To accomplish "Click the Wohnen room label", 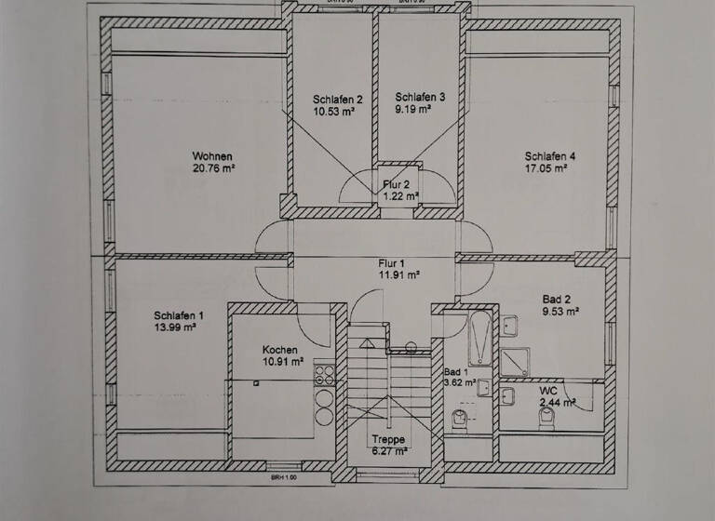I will pos(212,156).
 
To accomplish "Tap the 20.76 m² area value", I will pos(212,168).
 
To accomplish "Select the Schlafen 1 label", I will pos(179,315).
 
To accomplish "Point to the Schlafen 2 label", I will pos(337,99).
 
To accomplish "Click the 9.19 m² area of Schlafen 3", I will pos(413,109).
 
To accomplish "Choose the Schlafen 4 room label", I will pos(550,156).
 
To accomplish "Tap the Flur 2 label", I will pos(399,184).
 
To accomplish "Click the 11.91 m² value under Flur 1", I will pos(399,275).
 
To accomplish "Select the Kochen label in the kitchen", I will pos(282,350).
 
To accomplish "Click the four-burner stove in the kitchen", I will pos(325,375).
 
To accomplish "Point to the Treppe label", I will pos(388,439).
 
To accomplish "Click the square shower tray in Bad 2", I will pos(514,360).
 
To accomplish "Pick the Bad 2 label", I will pos(557,300).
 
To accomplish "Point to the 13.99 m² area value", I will pos(175,327).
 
